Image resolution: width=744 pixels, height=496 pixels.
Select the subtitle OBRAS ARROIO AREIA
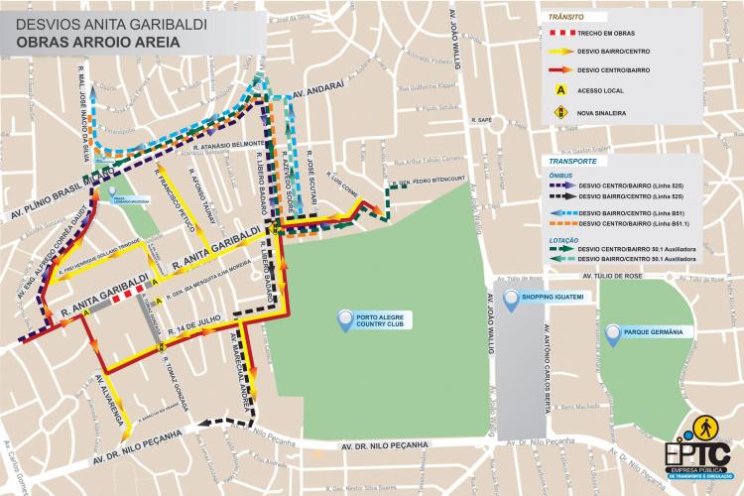point(90,43)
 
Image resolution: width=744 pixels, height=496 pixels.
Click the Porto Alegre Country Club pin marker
point(344,318)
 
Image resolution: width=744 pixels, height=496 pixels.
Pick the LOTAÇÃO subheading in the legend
point(565,240)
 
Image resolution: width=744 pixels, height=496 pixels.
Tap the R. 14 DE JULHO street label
point(192,328)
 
